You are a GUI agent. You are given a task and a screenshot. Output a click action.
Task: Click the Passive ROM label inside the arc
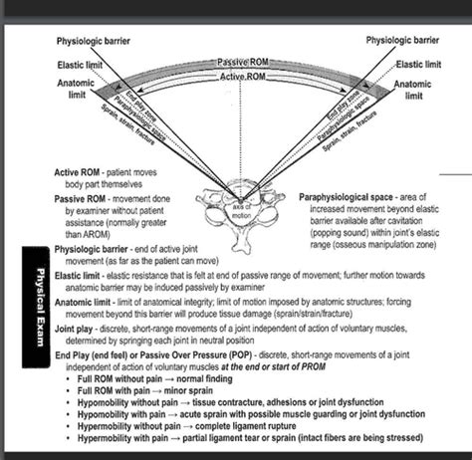(x=236, y=63)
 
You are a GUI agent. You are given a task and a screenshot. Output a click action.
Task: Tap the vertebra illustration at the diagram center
(x=236, y=203)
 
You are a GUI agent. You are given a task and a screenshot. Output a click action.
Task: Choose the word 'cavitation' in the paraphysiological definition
(x=415, y=224)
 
